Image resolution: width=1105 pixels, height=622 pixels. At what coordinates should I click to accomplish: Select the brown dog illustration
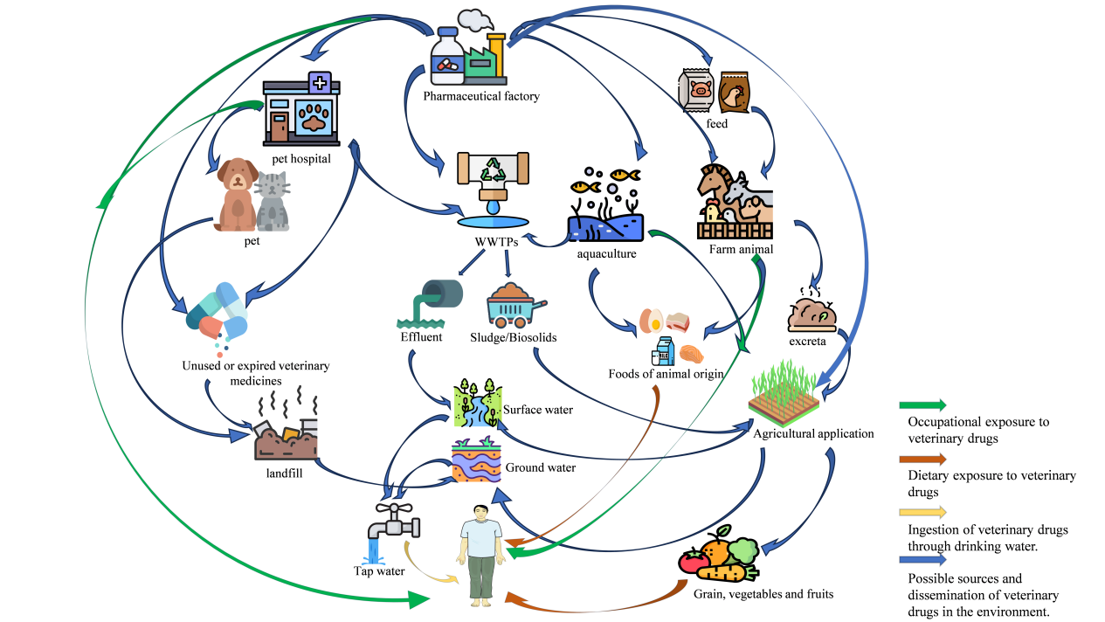coord(236,194)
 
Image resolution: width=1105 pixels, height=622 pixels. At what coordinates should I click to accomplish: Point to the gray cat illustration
coord(273,201)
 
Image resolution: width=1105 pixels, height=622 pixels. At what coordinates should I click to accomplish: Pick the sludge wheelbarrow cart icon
coord(515,306)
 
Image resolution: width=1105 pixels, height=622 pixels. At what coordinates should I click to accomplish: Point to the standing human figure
coord(481,554)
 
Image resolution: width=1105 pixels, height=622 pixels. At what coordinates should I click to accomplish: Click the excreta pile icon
coord(812,309)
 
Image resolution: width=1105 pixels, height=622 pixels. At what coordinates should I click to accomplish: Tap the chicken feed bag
coord(734,93)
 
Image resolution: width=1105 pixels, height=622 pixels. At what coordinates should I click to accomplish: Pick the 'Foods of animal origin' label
coord(666,374)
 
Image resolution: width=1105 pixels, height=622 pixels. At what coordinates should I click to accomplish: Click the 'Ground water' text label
coord(541,467)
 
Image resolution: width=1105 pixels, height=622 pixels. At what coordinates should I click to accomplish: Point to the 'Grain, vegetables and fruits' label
coord(763,594)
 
